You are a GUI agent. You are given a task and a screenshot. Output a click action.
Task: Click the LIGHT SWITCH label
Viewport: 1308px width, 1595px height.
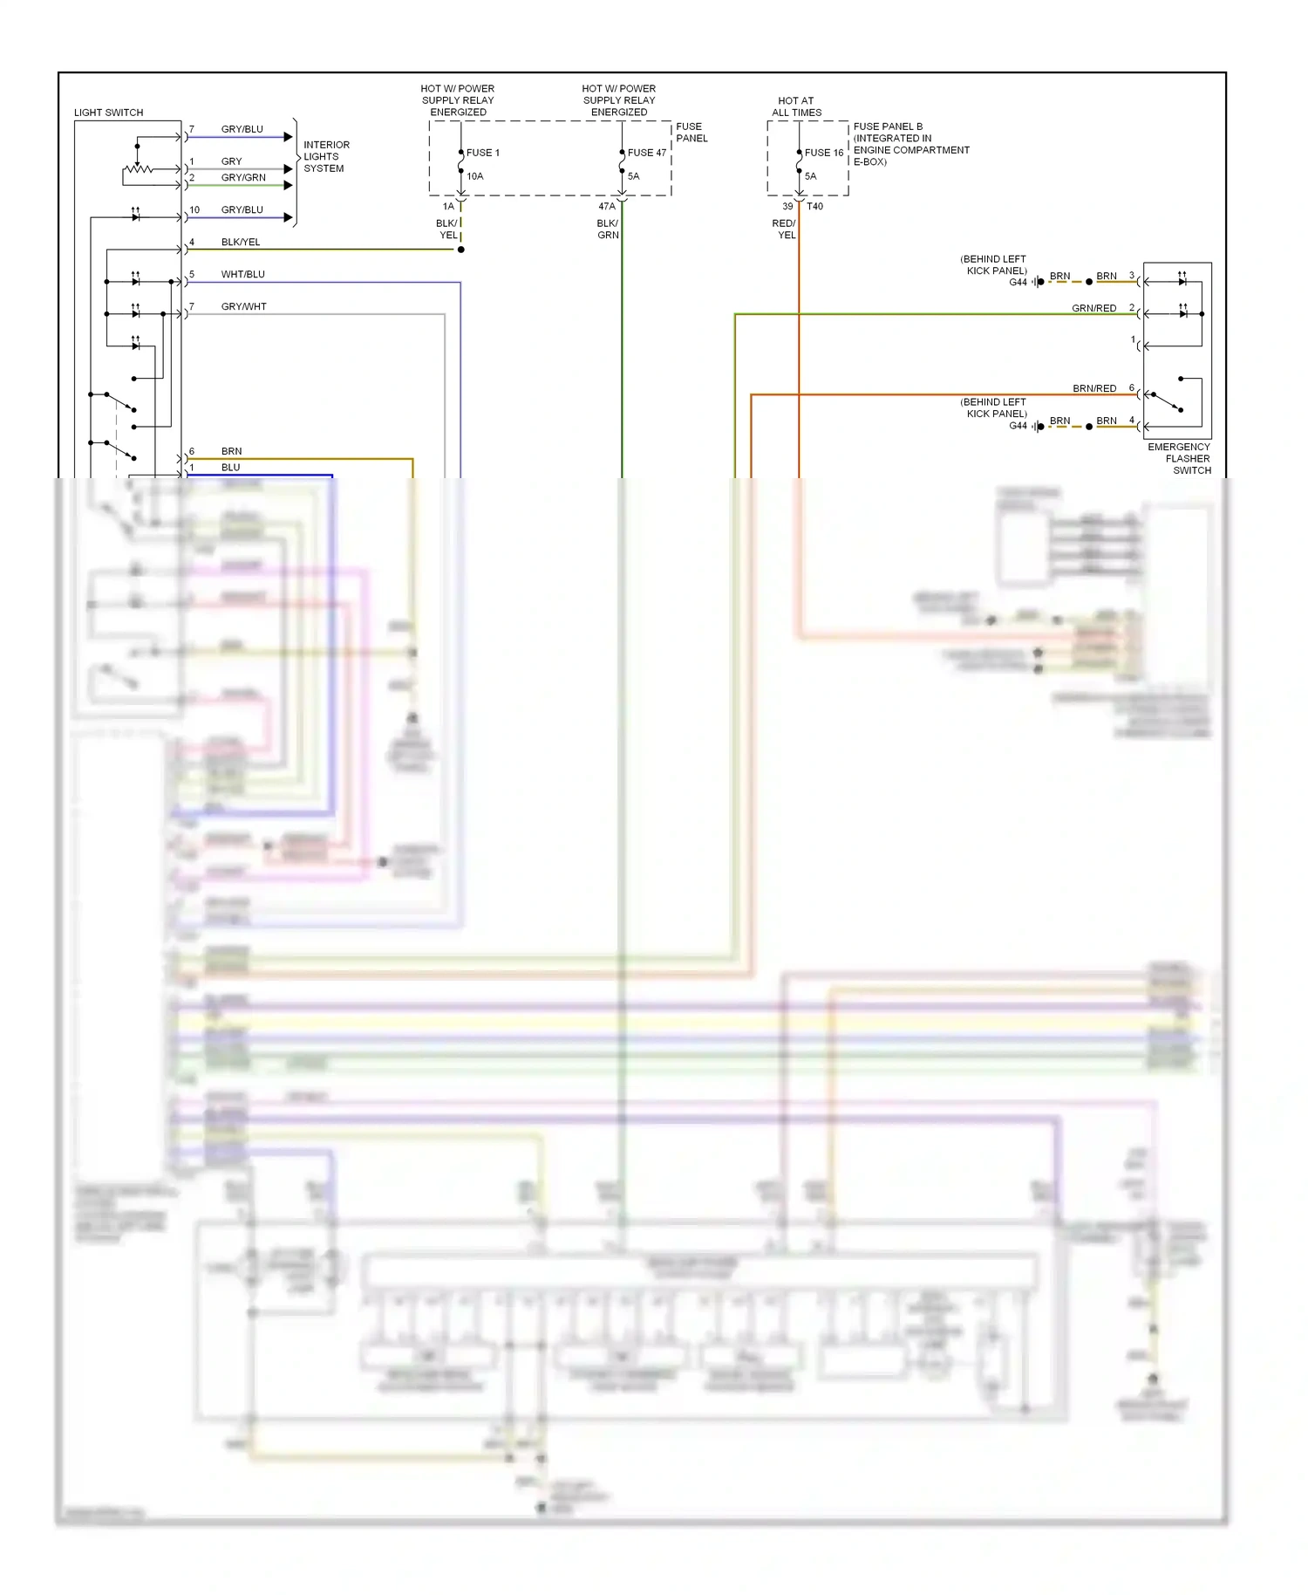click(108, 113)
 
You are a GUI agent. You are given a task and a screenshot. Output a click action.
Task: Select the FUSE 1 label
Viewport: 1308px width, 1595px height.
click(482, 153)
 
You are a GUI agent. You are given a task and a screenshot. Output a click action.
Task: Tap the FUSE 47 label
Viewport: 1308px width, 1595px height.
click(646, 153)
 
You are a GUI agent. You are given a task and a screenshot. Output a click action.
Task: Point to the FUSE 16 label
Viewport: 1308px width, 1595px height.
click(823, 153)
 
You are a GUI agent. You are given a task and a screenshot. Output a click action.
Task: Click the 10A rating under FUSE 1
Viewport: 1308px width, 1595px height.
click(474, 176)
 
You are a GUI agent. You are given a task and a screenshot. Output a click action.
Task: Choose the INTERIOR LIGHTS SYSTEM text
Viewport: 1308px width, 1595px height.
click(325, 157)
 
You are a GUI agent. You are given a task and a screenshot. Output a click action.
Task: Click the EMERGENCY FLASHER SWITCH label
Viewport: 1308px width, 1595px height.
click(1179, 458)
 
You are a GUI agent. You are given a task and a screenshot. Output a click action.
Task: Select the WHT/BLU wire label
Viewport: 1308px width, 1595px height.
click(242, 274)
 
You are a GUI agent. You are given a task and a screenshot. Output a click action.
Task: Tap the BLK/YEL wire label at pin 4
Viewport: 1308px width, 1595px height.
click(240, 242)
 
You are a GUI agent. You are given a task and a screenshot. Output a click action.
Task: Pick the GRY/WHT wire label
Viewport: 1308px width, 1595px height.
click(243, 306)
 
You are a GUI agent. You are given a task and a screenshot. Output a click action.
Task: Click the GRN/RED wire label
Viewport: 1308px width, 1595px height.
click(1093, 308)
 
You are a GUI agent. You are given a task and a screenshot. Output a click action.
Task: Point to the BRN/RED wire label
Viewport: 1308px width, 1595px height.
click(1093, 388)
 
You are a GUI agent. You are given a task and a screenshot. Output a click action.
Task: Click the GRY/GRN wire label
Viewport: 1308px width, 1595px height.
click(242, 177)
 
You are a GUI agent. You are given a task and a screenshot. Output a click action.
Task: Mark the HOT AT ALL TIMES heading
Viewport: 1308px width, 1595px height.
click(796, 106)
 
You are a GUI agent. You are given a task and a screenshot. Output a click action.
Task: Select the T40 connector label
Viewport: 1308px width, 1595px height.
click(814, 207)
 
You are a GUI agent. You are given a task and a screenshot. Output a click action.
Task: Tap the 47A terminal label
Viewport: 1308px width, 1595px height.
click(607, 207)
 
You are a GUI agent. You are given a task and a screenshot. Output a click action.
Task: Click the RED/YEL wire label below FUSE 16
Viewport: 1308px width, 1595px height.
click(784, 229)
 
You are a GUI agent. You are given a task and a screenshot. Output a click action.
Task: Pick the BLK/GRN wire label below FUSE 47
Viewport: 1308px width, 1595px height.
click(608, 229)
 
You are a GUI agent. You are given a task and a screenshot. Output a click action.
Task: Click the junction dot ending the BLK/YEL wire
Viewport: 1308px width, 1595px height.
click(461, 250)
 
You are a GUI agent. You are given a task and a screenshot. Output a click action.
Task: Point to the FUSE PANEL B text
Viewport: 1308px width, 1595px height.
click(888, 127)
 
